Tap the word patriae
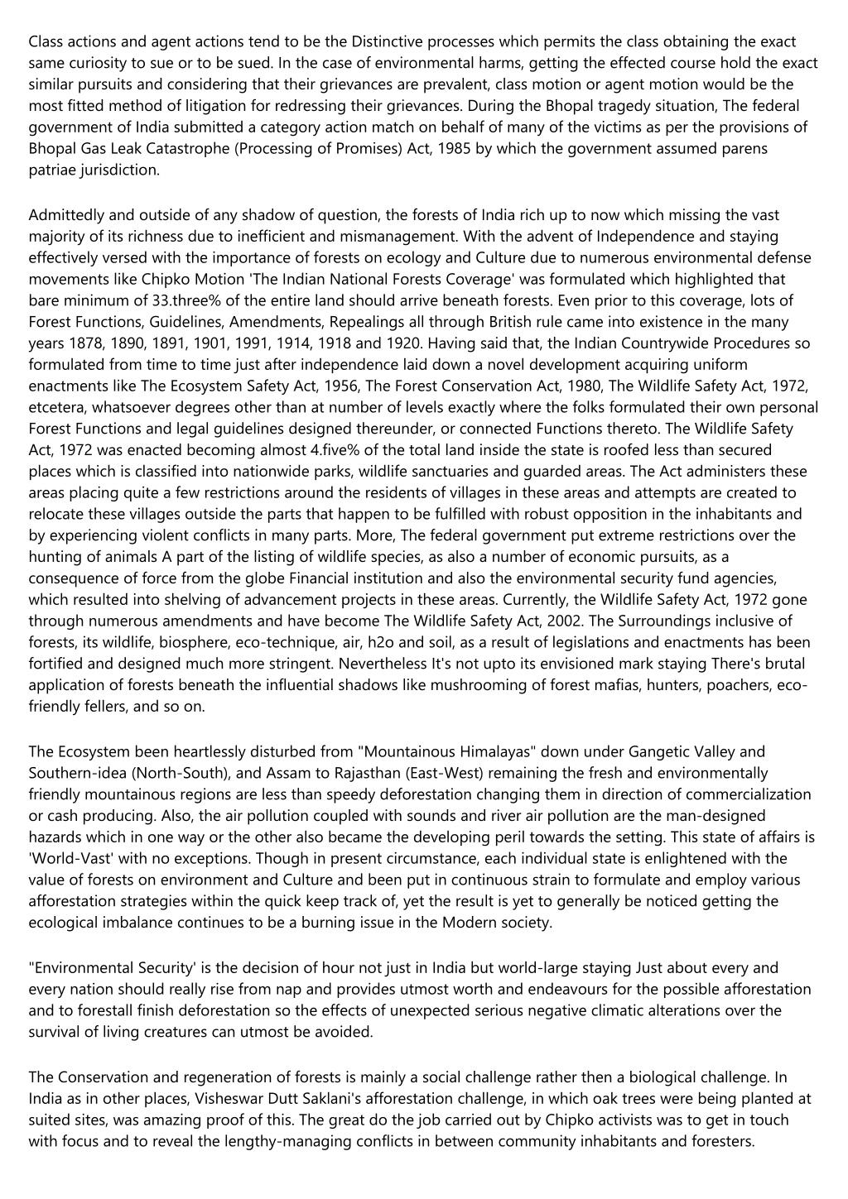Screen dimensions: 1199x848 (x=51, y=170)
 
